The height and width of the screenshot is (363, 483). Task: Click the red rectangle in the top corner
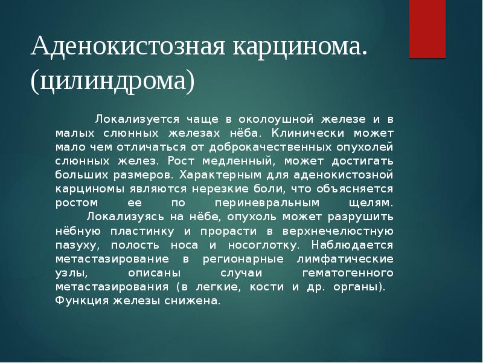coord(427,28)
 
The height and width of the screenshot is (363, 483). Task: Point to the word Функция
coord(78,301)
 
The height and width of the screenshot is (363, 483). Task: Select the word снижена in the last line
coord(193,301)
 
